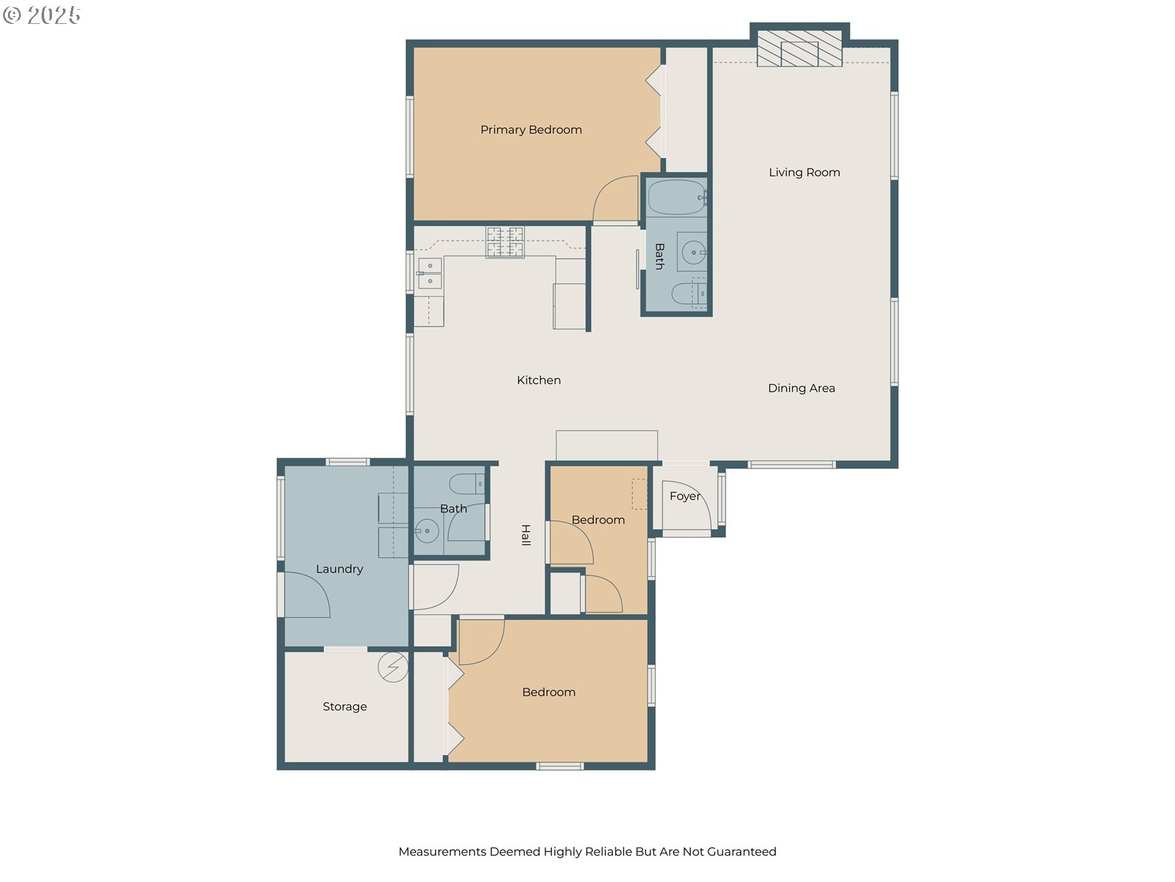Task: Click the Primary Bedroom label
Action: tap(531, 130)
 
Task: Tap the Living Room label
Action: tap(804, 173)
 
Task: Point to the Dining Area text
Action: tap(801, 388)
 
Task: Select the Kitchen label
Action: tap(539, 380)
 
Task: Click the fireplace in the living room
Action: tap(799, 48)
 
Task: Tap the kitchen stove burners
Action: tap(505, 242)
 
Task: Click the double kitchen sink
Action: tap(430, 273)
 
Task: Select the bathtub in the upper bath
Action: tap(677, 197)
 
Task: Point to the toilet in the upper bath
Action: tap(689, 294)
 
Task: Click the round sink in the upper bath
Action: tap(693, 252)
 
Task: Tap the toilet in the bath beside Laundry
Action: tap(467, 484)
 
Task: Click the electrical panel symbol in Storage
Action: tap(393, 667)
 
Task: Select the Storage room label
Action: tap(345, 707)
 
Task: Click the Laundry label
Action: tap(339, 569)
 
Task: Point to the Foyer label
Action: tap(685, 496)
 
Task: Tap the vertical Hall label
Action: tap(526, 535)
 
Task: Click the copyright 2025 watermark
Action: tap(42, 15)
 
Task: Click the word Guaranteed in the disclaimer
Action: tap(742, 852)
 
